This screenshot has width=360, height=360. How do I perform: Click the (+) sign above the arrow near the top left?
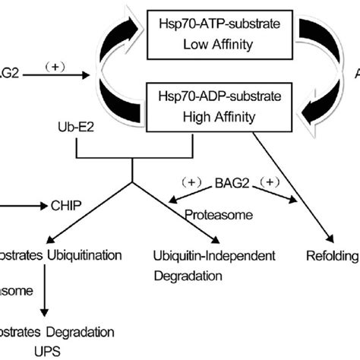(51, 66)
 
